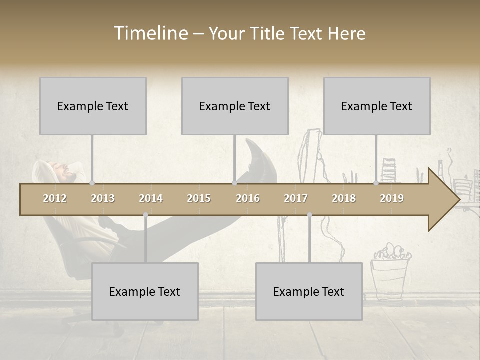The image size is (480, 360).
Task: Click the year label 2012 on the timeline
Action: (x=55, y=198)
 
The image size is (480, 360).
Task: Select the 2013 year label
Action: (x=103, y=198)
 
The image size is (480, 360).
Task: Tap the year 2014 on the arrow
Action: (x=151, y=198)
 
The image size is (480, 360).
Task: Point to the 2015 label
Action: (x=199, y=198)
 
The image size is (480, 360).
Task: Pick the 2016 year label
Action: (x=248, y=198)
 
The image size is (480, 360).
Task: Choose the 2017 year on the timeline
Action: (x=296, y=198)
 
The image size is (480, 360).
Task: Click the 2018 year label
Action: (x=344, y=198)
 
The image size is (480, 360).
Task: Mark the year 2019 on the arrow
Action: (x=392, y=198)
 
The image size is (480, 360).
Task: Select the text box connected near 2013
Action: (x=93, y=106)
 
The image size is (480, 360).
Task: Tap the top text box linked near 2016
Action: (x=235, y=106)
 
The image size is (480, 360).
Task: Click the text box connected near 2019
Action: (x=377, y=106)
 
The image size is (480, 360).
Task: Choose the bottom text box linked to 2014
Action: (x=145, y=291)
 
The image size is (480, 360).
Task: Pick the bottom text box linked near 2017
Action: (x=309, y=291)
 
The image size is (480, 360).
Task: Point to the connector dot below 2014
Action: (x=145, y=215)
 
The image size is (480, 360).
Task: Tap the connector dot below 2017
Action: (x=309, y=215)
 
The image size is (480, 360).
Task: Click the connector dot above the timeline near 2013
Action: (x=92, y=183)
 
